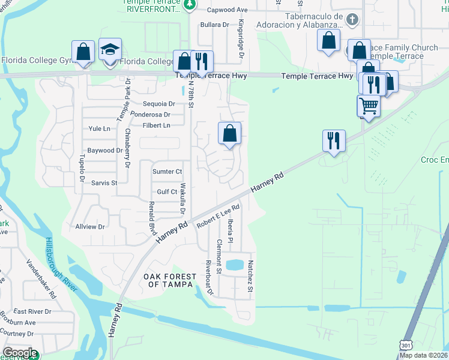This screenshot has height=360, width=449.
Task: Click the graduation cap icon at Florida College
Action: coord(110,52)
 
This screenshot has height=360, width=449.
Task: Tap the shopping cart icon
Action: coord(369,106)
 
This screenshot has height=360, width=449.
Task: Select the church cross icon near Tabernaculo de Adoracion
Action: coord(352,20)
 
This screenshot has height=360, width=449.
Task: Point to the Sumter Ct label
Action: coord(167,172)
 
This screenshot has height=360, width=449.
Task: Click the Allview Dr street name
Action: coord(90,227)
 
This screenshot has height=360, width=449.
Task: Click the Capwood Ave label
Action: coord(228,10)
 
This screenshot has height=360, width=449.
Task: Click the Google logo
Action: coord(20,353)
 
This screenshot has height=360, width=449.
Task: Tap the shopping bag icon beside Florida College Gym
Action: coord(83,52)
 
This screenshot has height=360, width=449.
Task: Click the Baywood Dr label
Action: coord(105,151)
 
